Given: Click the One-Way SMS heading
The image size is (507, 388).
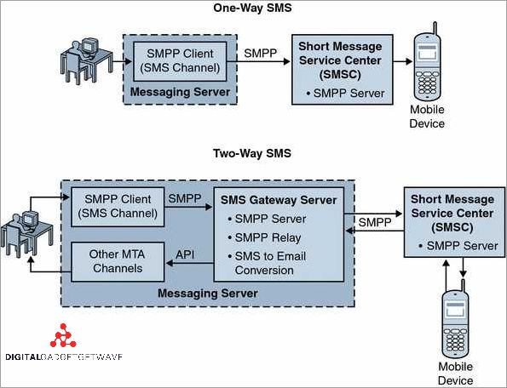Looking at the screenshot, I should point(252,9).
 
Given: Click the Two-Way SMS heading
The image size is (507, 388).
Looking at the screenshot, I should point(252,154).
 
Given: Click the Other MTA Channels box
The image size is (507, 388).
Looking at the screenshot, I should point(118,262).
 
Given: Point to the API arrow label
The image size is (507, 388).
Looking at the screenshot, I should point(186,254).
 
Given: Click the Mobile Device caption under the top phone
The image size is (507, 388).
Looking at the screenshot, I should point(428,117).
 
